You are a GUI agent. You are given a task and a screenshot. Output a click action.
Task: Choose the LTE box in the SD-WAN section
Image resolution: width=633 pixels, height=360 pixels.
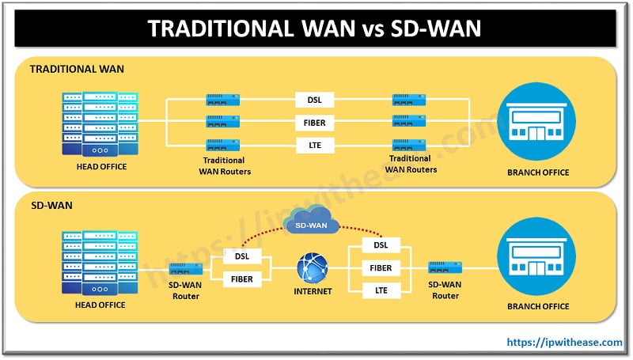(x=381, y=291)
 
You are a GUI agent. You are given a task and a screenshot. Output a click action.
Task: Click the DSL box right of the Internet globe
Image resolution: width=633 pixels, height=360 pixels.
(x=381, y=245)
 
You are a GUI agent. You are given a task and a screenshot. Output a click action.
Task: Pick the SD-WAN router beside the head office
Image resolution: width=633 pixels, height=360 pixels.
(x=187, y=269)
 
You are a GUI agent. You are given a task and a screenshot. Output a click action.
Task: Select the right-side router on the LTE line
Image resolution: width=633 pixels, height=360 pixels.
(x=411, y=146)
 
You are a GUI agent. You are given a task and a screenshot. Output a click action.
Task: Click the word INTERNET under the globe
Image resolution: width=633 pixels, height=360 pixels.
(x=312, y=292)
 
